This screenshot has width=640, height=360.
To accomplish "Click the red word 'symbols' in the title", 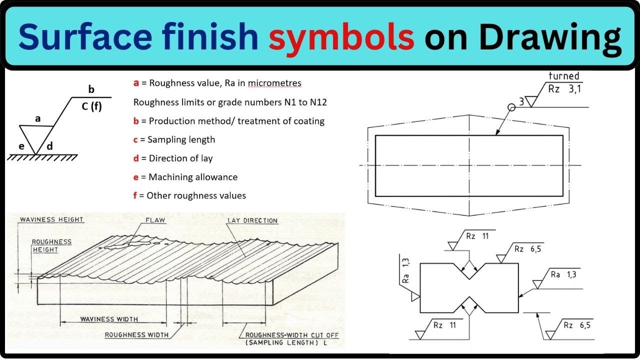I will pyautogui.click(x=341, y=37).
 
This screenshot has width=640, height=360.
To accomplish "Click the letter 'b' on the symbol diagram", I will pyautogui.click(x=91, y=89).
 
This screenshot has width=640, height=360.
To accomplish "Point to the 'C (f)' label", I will pyautogui.click(x=91, y=106).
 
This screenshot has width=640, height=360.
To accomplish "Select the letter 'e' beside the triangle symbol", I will pyautogui.click(x=21, y=146).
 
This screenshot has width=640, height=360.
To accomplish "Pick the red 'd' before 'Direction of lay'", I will pyautogui.click(x=136, y=158).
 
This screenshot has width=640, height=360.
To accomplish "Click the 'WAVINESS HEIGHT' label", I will pyautogui.click(x=51, y=219).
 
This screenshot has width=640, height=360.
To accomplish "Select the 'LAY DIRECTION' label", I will pyautogui.click(x=252, y=220).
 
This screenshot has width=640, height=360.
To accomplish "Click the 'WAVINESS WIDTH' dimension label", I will pyautogui.click(x=109, y=319).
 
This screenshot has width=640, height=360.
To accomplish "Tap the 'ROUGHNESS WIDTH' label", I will pyautogui.click(x=136, y=335).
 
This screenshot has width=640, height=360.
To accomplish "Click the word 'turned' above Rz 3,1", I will pyautogui.click(x=563, y=76).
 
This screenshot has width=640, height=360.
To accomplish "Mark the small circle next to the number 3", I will pyautogui.click(x=511, y=107).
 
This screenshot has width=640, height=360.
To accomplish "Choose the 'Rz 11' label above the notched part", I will pyautogui.click(x=477, y=236).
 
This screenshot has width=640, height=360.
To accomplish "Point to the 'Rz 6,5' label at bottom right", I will pyautogui.click(x=576, y=325).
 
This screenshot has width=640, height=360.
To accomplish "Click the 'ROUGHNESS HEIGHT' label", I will pyautogui.click(x=52, y=245).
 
